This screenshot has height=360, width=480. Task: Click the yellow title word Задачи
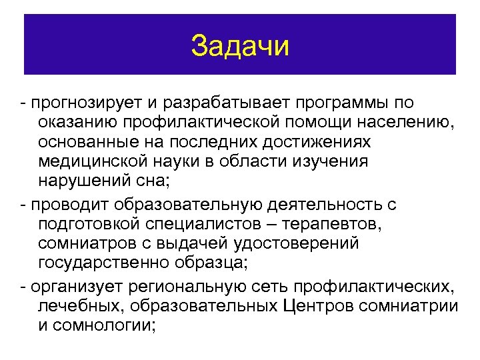(240, 46)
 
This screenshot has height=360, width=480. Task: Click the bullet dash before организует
(25, 287)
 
